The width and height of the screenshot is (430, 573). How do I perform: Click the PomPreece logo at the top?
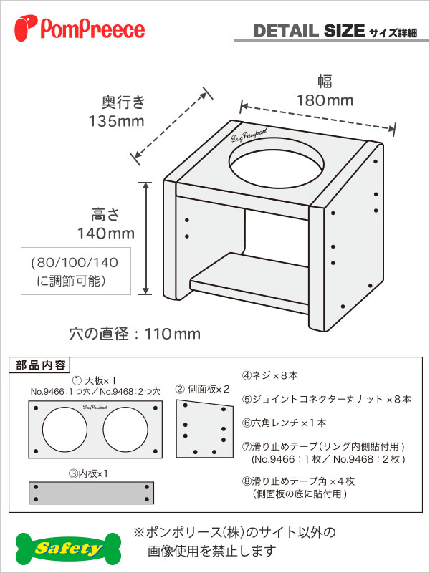click(x=80, y=28)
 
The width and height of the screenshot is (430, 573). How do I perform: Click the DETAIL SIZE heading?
click(x=309, y=31)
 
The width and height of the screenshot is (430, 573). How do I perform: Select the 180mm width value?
click(x=325, y=100)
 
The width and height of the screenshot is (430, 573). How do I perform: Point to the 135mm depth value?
click(x=117, y=120)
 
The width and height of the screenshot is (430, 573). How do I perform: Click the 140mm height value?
click(x=105, y=233)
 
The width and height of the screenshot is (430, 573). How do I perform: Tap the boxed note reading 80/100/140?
click(x=76, y=271)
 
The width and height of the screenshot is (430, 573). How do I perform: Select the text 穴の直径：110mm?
click(x=135, y=334)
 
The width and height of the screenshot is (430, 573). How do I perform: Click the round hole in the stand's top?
click(x=277, y=164)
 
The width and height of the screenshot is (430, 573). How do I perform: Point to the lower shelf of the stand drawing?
click(x=249, y=283)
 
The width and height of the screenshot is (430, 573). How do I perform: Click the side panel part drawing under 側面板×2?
click(x=204, y=428)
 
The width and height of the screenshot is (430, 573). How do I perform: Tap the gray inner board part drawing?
click(x=92, y=493)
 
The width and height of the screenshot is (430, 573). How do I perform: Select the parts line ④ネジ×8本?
click(x=270, y=375)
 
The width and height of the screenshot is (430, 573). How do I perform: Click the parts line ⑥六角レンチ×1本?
click(x=284, y=423)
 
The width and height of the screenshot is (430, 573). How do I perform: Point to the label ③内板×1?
click(x=88, y=474)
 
